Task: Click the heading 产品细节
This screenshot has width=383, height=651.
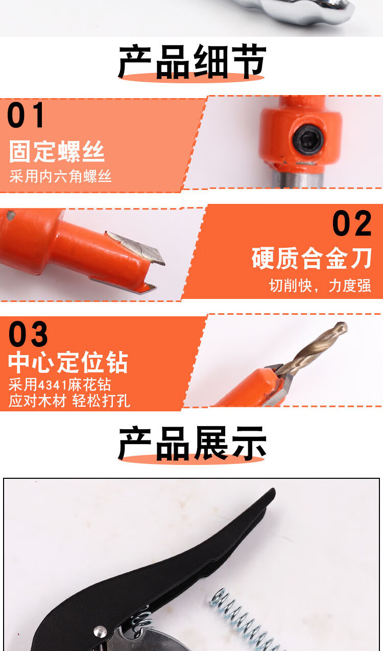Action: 192,62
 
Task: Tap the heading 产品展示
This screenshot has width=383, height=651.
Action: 192,444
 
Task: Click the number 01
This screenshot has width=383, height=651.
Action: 26,115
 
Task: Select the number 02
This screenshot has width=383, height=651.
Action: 352,223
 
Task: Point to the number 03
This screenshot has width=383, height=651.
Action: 28,334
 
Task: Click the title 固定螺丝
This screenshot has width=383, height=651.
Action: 57,151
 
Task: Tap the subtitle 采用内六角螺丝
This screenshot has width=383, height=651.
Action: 60,176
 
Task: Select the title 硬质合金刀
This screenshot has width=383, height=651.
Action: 312,258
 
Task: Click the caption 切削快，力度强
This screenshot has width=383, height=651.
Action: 320,286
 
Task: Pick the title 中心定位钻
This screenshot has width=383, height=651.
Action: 68,362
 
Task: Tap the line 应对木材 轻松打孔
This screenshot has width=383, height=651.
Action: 69,401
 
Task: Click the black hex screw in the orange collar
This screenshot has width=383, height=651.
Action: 308,140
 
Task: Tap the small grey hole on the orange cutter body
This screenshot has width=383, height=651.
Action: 11,215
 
